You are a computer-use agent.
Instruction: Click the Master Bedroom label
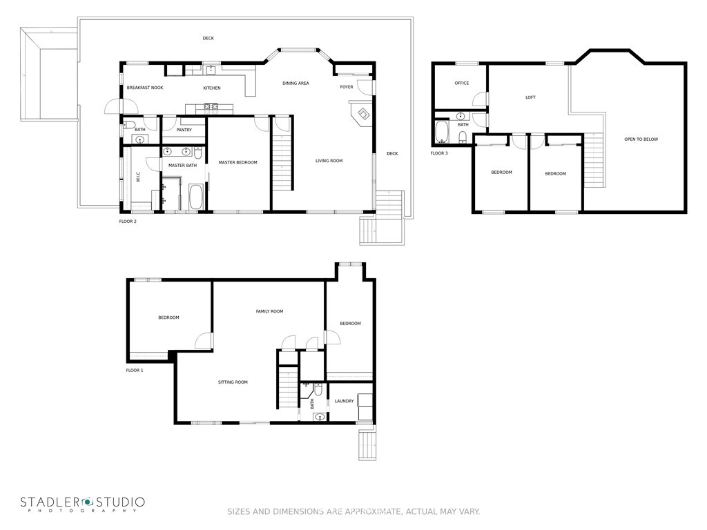[238, 162]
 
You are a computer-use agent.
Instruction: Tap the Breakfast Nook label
[145, 88]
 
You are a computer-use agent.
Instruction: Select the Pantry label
[184, 130]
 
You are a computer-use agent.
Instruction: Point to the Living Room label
[329, 160]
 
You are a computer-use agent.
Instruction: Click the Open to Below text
[641, 139]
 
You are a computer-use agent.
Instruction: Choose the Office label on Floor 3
[462, 83]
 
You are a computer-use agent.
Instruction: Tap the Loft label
[530, 97]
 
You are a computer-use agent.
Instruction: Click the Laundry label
[344, 401]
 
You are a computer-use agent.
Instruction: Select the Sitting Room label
[233, 382]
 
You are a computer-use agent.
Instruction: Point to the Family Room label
[270, 311]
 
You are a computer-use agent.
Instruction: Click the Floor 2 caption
[128, 222]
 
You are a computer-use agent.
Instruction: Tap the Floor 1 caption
[135, 371]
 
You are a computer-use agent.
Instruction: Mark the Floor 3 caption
[439, 153]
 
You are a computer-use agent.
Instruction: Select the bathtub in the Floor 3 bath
[442, 131]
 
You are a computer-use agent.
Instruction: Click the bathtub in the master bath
[196, 197]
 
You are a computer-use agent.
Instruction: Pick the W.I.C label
[138, 177]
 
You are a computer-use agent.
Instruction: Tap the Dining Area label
[296, 83]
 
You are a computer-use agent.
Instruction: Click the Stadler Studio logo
[83, 504]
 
